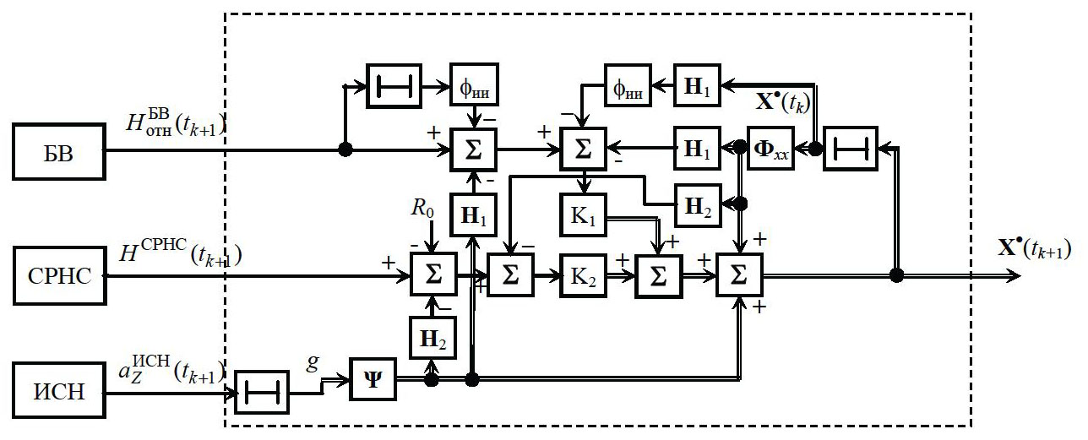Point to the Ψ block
pyautogui.click(x=372, y=381)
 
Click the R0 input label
pyautogui.click(x=424, y=209)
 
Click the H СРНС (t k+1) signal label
pyautogui.click(x=181, y=253)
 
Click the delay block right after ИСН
pyautogui.click(x=261, y=394)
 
